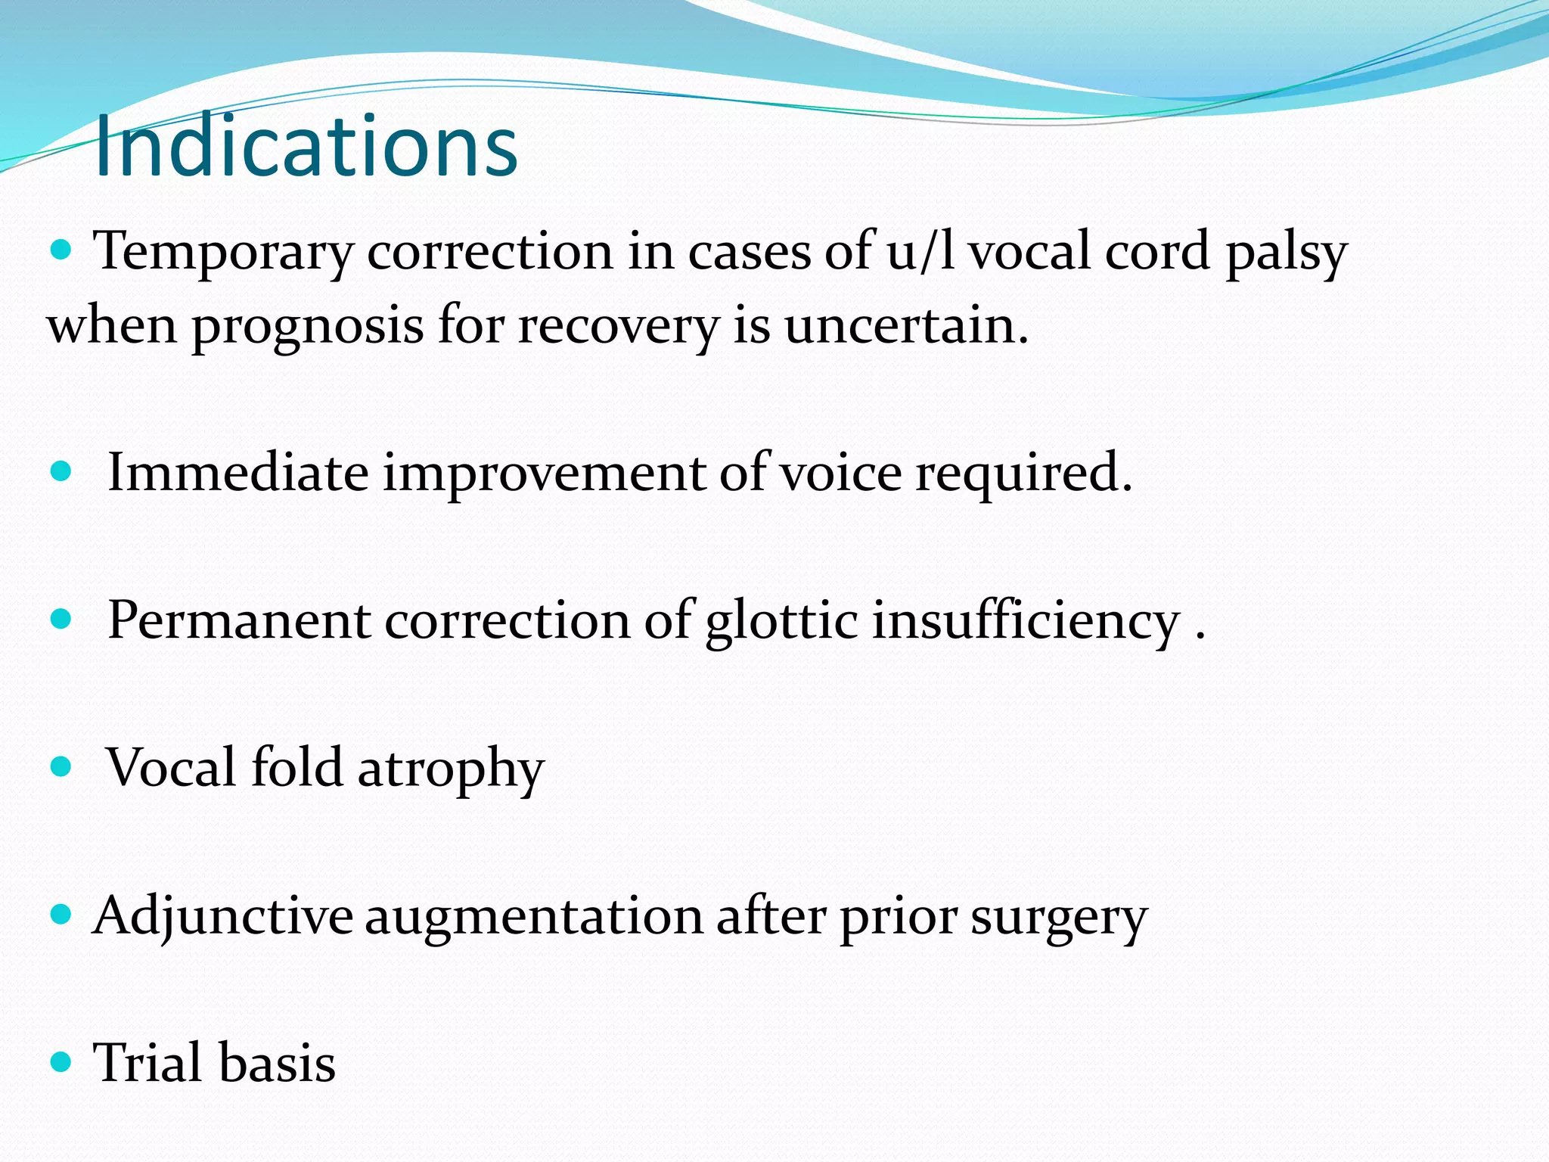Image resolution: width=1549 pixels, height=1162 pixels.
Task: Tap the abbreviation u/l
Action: tap(921, 252)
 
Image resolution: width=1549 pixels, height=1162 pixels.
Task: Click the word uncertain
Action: tap(906, 326)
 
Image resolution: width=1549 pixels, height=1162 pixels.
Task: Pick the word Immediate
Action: tap(238, 473)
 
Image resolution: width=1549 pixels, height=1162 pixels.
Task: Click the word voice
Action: tap(840, 473)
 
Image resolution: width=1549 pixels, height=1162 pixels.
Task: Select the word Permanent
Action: tap(239, 620)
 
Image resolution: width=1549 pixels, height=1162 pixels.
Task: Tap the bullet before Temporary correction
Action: tap(61, 250)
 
